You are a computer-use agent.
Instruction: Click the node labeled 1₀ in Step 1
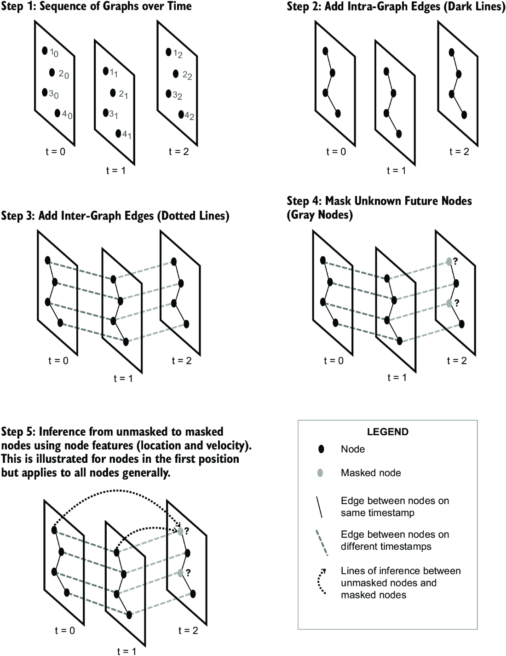[45, 51]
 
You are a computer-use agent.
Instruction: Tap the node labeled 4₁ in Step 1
[118, 133]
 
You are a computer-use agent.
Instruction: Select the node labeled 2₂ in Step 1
[176, 74]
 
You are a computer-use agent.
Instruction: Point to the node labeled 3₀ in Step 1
[45, 92]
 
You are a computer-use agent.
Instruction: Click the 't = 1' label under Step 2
[396, 171]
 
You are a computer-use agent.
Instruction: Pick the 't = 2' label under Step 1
[178, 151]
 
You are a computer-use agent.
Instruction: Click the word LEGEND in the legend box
[388, 432]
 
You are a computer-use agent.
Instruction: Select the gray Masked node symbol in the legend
[321, 473]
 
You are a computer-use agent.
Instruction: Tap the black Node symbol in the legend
[321, 449]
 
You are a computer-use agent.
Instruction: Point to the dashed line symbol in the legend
[322, 543]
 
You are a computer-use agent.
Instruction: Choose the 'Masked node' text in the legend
[371, 473]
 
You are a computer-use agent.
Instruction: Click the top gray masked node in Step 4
[449, 261]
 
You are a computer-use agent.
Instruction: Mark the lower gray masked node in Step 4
[449, 303]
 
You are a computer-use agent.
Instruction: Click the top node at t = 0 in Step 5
[54, 530]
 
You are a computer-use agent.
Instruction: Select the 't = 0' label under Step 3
[58, 361]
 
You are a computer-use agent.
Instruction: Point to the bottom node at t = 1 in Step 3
[126, 342]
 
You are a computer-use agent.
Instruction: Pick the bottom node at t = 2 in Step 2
[464, 115]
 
